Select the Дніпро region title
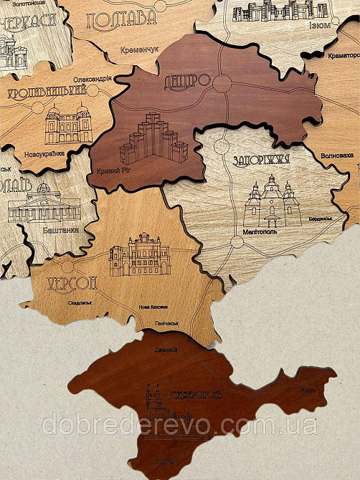(x=187, y=80)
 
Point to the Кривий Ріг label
(x=110, y=172)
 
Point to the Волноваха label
(x=336, y=153)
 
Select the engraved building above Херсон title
(x=139, y=255)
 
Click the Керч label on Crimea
(x=308, y=390)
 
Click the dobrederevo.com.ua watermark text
(x=179, y=424)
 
